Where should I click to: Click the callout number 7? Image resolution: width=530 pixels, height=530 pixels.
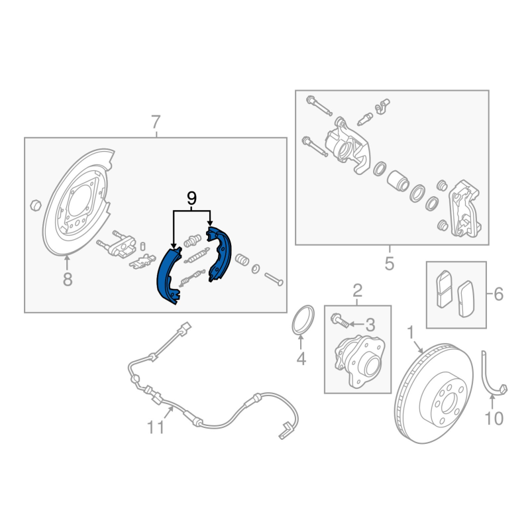156,122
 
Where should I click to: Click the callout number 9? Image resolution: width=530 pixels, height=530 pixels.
192,197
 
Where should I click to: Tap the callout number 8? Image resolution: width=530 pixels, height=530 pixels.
67,280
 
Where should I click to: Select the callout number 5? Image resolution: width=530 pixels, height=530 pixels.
389,264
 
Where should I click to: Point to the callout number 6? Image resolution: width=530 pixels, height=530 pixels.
498,294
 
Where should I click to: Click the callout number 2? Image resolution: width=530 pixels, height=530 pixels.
357,290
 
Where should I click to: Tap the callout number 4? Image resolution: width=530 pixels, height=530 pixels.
301,359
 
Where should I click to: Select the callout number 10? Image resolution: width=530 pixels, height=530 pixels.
494,418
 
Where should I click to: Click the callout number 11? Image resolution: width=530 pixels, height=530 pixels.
155,427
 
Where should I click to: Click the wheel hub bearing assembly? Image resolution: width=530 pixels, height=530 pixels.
357,358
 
